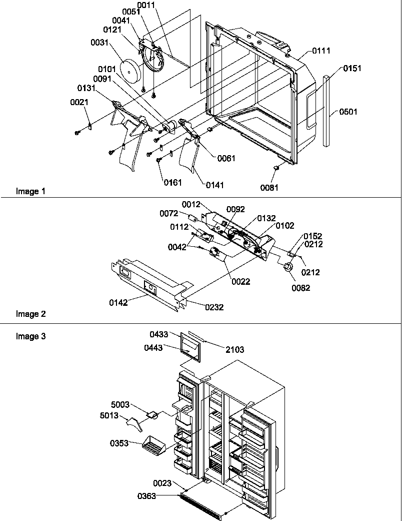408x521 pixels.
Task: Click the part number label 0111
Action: [x=321, y=51]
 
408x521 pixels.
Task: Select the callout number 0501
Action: [x=348, y=112]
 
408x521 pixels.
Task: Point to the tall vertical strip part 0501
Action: [x=326, y=111]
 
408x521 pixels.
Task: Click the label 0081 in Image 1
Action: [x=269, y=188]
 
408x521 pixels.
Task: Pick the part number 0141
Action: [x=215, y=185]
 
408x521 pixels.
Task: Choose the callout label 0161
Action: [x=173, y=182]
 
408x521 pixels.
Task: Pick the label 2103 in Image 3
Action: [x=234, y=350]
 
